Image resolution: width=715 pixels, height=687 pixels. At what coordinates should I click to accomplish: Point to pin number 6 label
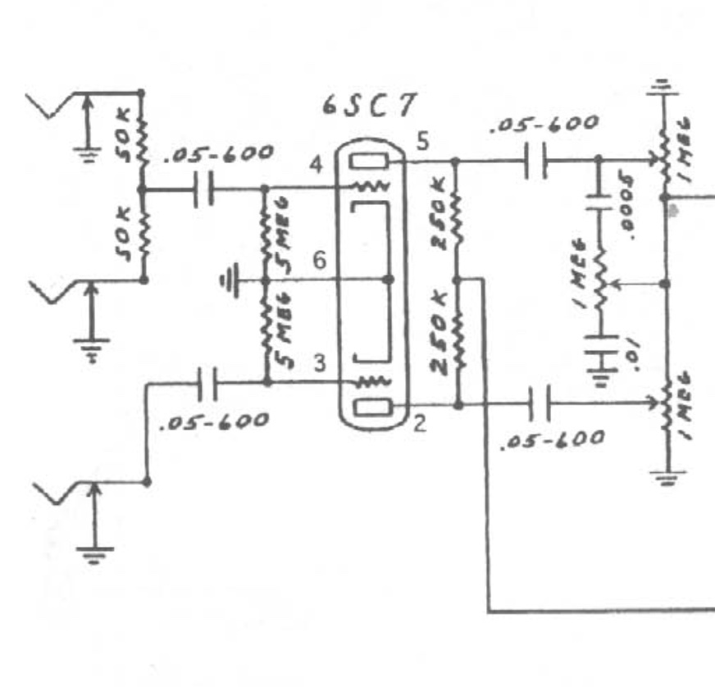click(319, 261)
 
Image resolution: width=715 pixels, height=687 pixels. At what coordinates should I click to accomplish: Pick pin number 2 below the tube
click(420, 424)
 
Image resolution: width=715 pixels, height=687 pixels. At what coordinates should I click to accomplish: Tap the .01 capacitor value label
click(628, 354)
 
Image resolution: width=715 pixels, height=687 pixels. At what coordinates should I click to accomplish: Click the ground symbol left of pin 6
click(230, 281)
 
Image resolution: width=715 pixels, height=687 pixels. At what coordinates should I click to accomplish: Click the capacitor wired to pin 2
click(538, 404)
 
